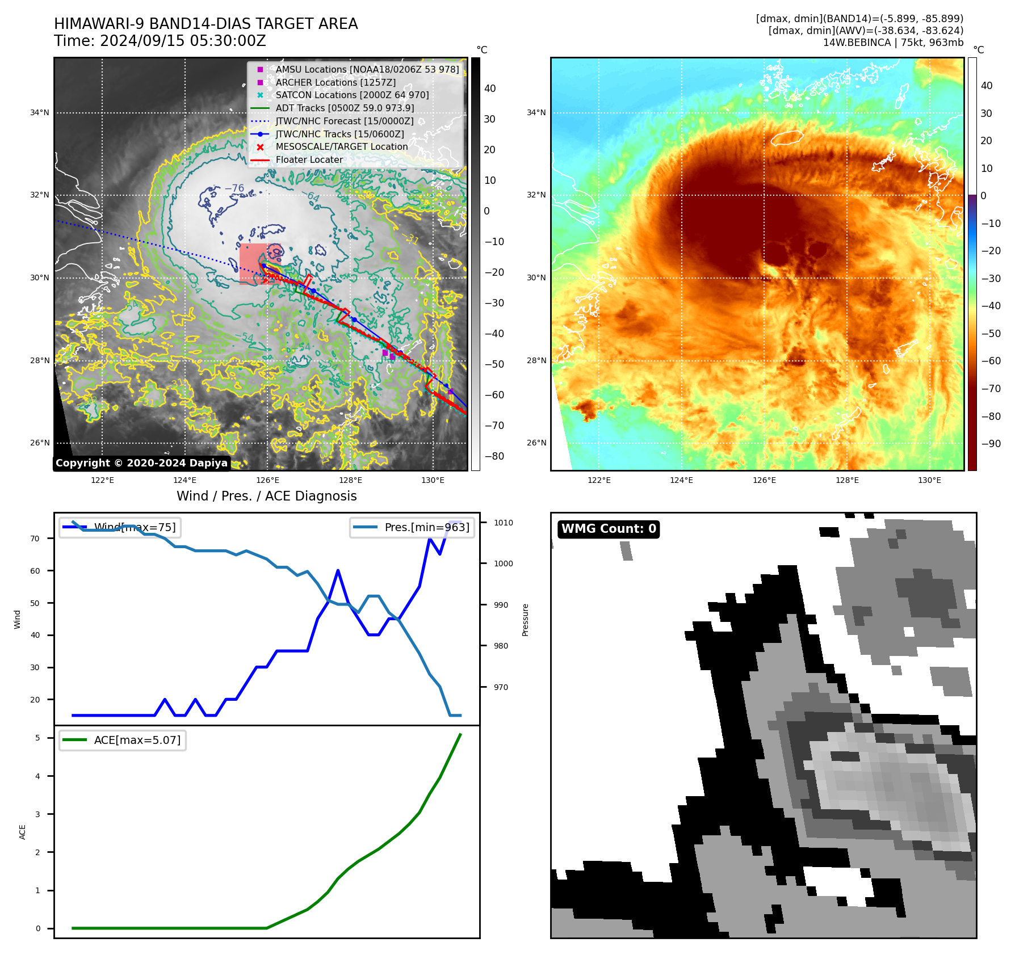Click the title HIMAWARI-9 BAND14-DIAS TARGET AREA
point(205,24)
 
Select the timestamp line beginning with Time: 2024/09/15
point(160,41)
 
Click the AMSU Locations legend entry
point(367,69)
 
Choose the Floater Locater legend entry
point(309,159)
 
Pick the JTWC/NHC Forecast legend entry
point(344,121)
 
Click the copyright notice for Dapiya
point(141,463)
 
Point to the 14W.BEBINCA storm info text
point(893,43)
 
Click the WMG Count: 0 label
point(609,529)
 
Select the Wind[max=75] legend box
point(120,527)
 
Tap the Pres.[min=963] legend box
point(412,527)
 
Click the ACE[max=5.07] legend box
point(123,740)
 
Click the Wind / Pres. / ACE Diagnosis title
point(266,496)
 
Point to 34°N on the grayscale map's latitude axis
point(40,112)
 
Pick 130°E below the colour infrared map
point(929,480)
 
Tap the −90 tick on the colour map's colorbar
point(991,444)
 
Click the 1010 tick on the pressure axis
point(503,523)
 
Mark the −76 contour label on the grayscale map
point(234,188)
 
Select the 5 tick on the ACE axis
point(38,738)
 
